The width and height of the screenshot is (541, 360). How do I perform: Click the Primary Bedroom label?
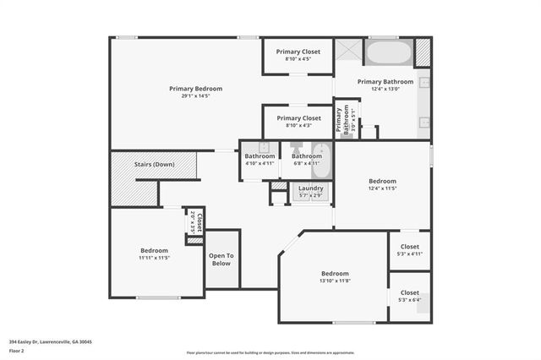[195, 89]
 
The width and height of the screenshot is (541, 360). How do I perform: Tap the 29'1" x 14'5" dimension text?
[195, 96]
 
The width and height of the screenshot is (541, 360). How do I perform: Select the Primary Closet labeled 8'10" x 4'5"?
[298, 55]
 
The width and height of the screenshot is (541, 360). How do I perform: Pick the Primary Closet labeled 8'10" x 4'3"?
[298, 122]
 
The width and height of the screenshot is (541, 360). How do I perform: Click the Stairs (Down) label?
[154, 164]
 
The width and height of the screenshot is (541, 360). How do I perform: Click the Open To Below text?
[221, 259]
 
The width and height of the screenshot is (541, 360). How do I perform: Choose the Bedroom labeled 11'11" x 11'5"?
[154, 254]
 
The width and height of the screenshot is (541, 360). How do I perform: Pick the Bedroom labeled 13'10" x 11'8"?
[335, 276]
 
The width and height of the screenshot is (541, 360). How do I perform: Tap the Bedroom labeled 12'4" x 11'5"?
[382, 184]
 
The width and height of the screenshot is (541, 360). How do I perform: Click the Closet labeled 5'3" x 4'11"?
[409, 249]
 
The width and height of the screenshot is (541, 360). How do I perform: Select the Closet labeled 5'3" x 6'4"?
[409, 296]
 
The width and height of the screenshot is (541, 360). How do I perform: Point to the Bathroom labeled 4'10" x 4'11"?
[260, 159]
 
